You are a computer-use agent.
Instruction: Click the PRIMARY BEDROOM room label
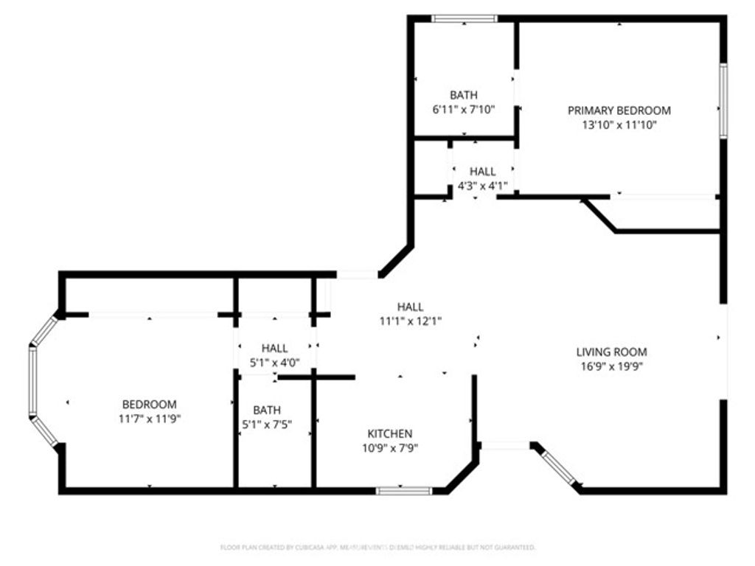coord(619,111)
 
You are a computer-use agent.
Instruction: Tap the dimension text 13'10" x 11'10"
coord(619,125)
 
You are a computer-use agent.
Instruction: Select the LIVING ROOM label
coord(611,352)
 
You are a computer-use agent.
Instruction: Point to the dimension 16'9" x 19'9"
coord(611,366)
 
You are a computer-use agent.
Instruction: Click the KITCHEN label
coord(390,433)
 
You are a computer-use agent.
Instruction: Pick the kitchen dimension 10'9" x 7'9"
coord(390,447)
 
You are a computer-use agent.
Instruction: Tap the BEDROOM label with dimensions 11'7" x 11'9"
coord(149,404)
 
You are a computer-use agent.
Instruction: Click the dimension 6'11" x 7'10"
coord(464,109)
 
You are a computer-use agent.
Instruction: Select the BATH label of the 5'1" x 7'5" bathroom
coord(266,410)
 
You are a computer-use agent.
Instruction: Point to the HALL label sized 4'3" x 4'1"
coord(482,172)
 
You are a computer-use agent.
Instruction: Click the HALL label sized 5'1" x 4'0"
coord(274,348)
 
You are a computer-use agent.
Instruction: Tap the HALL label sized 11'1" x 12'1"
coord(410,307)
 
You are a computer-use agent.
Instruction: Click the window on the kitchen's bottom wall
coord(404,490)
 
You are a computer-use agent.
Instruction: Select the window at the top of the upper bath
coord(465,18)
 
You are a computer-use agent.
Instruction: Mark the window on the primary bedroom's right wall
coord(723,100)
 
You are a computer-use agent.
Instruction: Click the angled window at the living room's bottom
coord(559,468)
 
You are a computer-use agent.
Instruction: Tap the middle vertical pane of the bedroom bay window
coord(32,380)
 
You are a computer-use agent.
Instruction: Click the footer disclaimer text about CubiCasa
coord(377,548)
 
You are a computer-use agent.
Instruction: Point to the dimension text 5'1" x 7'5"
coord(266,424)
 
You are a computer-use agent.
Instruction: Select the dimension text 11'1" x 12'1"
coord(410,321)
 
